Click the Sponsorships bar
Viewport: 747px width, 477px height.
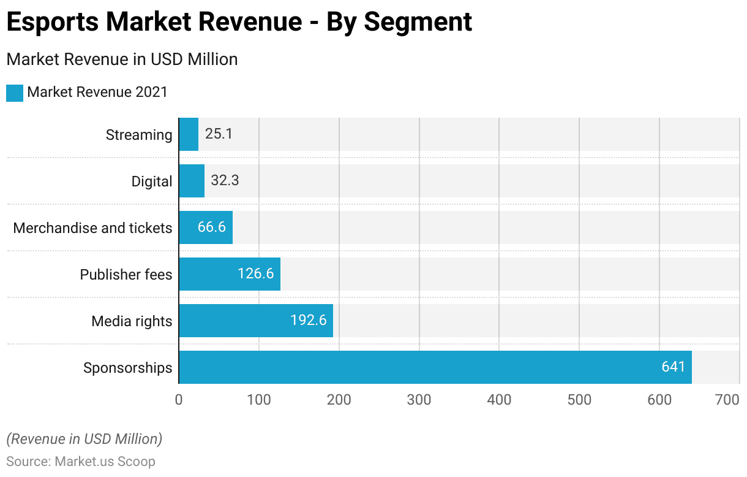click(435, 367)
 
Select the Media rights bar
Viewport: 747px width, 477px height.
click(256, 321)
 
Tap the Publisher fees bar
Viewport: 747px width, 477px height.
click(230, 274)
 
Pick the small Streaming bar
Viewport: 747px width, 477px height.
click(189, 134)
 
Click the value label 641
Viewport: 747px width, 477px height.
click(674, 367)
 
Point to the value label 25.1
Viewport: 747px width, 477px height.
click(219, 134)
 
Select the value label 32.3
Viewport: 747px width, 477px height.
click(225, 181)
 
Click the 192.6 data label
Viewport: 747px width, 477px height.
click(309, 321)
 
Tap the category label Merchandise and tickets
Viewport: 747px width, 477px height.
click(92, 228)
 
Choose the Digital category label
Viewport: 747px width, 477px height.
click(152, 181)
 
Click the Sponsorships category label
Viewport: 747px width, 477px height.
click(128, 368)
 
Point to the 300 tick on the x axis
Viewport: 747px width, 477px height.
click(419, 400)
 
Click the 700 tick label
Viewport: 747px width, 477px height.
click(727, 400)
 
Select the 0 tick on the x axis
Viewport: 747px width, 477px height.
click(179, 400)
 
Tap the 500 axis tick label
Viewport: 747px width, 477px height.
click(579, 400)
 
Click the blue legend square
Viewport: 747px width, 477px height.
click(15, 93)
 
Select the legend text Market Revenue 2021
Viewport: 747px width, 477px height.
click(97, 93)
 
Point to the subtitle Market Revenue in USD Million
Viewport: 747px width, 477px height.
click(122, 59)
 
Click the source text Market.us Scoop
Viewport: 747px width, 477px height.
click(105, 461)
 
